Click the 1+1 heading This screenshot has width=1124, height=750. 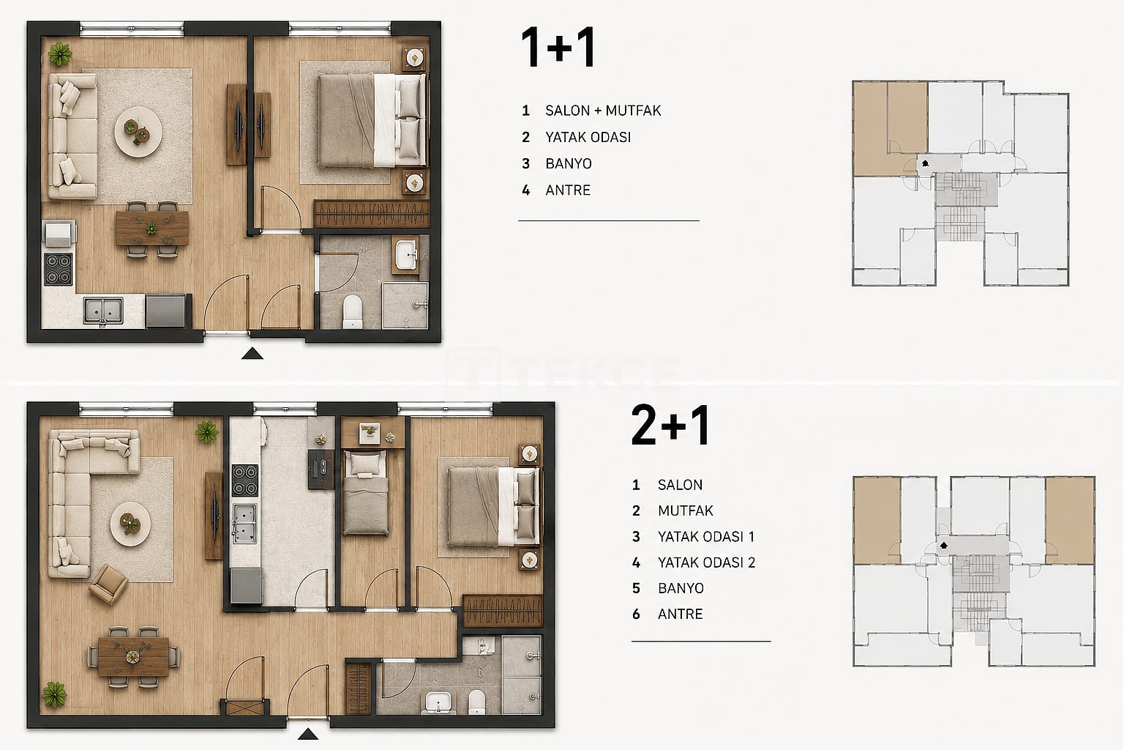tap(558, 47)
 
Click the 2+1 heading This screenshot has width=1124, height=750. tap(670, 426)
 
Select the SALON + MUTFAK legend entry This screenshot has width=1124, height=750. tap(603, 111)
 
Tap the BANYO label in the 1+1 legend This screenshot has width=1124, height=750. tap(569, 164)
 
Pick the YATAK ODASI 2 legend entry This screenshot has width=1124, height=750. tap(706, 562)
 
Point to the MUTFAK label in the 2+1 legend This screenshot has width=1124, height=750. tap(686, 511)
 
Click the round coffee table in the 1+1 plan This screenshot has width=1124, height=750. tap(138, 132)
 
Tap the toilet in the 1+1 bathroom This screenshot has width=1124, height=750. tap(352, 311)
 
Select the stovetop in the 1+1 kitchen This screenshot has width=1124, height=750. tap(59, 270)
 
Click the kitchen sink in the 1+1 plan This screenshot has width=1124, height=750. tap(103, 311)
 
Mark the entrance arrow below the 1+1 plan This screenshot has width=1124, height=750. tap(252, 354)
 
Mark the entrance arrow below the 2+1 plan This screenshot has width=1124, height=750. tap(307, 735)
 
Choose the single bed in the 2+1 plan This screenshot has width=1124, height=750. tap(366, 492)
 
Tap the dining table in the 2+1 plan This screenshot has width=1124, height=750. tap(133, 656)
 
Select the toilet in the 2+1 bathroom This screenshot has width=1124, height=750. tap(476, 702)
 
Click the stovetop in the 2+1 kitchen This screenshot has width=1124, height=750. tap(245, 480)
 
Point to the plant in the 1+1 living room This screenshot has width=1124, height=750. tap(60, 54)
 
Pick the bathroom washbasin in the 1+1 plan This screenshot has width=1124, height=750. tap(405, 255)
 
